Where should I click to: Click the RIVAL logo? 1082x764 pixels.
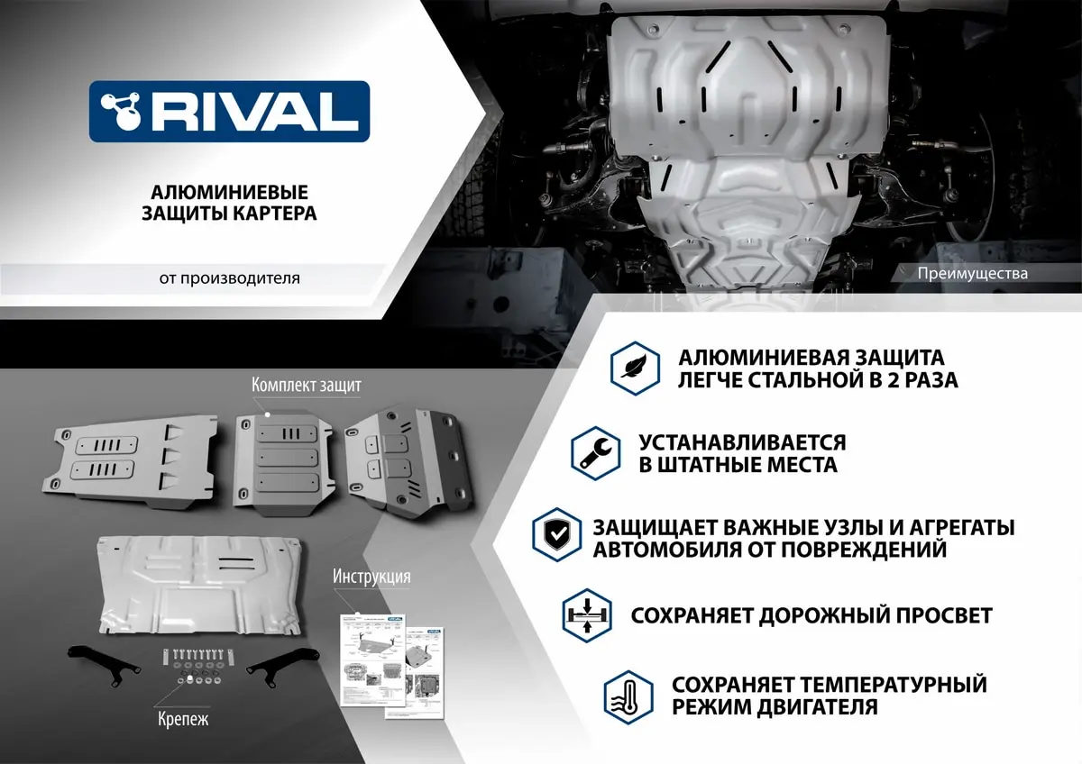pos(229,111)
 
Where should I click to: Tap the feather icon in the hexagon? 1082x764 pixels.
pos(634,367)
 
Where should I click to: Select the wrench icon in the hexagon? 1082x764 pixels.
pos(594,453)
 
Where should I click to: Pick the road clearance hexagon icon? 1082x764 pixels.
pos(586,615)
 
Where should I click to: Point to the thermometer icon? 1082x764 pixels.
pos(628,695)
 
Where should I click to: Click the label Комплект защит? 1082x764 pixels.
pos(307,386)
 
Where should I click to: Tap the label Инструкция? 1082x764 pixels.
pos(371,577)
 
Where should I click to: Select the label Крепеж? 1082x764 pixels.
pos(184,719)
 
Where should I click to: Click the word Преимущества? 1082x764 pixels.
pos(972,273)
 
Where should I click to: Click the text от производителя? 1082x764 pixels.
pos(230,278)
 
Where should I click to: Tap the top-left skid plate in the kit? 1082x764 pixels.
pos(131,456)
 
